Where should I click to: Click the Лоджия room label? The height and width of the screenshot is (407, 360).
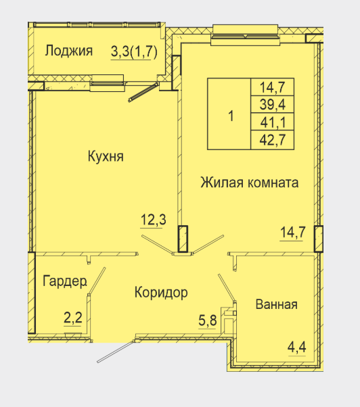click(x=68, y=51)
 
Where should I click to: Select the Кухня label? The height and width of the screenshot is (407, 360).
click(x=106, y=156)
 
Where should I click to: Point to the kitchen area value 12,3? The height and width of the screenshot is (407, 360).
click(x=153, y=220)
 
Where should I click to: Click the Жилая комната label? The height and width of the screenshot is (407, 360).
click(x=249, y=183)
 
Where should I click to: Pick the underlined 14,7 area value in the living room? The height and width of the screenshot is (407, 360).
click(x=293, y=233)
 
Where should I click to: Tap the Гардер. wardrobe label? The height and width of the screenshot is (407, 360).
click(x=64, y=281)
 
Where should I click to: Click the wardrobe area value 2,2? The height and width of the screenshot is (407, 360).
click(x=73, y=318)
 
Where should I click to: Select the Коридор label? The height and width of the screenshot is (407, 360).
click(x=161, y=293)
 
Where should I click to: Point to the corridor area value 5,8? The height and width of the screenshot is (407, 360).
click(x=208, y=320)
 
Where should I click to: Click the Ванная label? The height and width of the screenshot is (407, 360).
click(x=277, y=304)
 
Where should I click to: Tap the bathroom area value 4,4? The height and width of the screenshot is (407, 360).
click(x=297, y=348)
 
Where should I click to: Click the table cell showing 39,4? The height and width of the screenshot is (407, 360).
click(x=272, y=104)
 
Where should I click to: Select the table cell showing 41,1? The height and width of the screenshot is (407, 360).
click(x=272, y=122)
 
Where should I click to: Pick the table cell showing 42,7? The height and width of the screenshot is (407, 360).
click(x=272, y=140)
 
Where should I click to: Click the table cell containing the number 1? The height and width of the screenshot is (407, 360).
click(x=229, y=114)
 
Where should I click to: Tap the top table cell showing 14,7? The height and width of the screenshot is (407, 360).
click(x=272, y=87)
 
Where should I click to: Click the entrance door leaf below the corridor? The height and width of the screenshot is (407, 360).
click(x=116, y=352)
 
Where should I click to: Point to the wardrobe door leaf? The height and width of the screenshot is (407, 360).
click(x=97, y=281)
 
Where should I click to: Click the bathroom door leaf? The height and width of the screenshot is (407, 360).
click(x=227, y=288)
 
